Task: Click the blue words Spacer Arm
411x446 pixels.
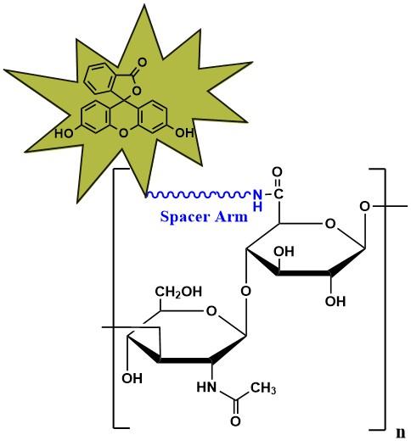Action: (x=204, y=217)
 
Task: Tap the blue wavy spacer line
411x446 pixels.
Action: (x=199, y=194)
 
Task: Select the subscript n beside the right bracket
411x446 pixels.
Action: (x=401, y=432)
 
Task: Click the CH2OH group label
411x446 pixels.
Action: (x=178, y=292)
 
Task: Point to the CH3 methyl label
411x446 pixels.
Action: (x=263, y=388)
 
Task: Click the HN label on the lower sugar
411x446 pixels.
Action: (x=206, y=387)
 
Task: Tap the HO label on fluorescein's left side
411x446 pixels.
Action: (x=64, y=133)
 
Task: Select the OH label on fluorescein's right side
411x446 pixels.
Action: (x=184, y=132)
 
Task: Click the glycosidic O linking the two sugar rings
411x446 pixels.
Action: (x=245, y=291)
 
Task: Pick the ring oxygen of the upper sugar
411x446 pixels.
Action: (x=330, y=224)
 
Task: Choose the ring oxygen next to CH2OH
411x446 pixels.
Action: (x=211, y=311)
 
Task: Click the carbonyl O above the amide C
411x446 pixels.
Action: (x=277, y=172)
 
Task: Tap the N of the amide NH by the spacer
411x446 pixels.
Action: (x=257, y=194)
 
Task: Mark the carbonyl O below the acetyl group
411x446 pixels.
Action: (x=235, y=421)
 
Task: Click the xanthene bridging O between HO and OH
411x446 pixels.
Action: (x=123, y=133)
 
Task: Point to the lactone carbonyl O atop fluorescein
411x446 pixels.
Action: (x=142, y=62)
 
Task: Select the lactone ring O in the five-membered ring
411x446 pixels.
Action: (x=137, y=91)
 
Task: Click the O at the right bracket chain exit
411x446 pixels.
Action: (x=364, y=206)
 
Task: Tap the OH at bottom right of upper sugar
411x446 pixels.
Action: (x=335, y=301)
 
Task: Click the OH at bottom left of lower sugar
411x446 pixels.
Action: (x=132, y=378)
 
